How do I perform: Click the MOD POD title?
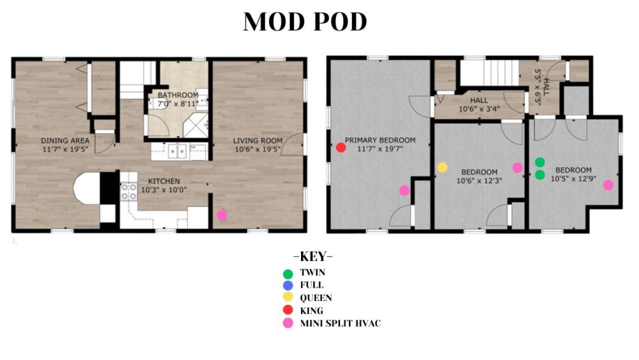[x=305, y=22]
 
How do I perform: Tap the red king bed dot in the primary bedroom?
[x=341, y=148]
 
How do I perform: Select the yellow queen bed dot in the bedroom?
[x=442, y=167]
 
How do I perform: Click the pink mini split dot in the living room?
[x=222, y=214]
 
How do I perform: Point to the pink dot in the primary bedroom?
[x=404, y=190]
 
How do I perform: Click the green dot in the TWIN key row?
[x=288, y=274]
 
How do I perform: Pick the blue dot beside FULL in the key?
[x=288, y=285]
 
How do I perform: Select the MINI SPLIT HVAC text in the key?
[x=341, y=324]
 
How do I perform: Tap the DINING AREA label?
[x=65, y=141]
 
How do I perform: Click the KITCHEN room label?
[x=164, y=181]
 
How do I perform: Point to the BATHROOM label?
[x=178, y=95]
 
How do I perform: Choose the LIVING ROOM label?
[x=258, y=141]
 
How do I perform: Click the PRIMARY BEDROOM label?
[x=380, y=140]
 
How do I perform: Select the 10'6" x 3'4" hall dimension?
[x=479, y=109]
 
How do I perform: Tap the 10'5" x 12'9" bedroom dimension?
[x=573, y=178]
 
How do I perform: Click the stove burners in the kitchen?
[x=129, y=192]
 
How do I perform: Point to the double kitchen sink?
[x=178, y=152]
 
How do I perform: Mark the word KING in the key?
[x=312, y=311]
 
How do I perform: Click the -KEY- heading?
[x=313, y=256]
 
